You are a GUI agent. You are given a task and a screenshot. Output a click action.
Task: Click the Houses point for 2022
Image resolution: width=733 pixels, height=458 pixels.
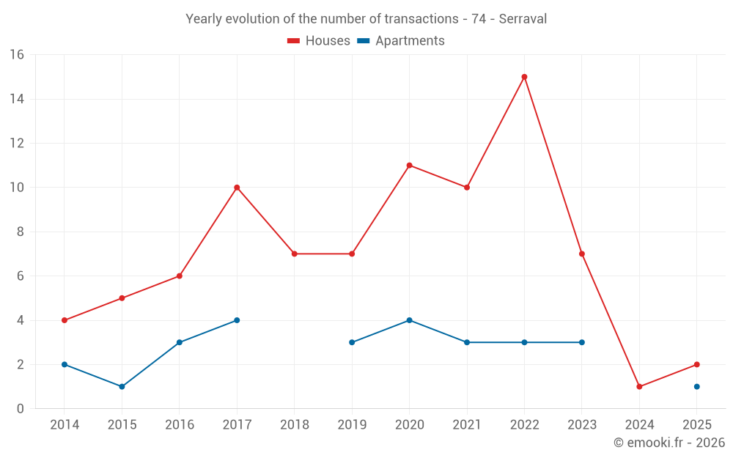[524, 77]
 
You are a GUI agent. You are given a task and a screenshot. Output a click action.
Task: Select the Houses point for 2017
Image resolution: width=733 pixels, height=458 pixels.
[237, 188]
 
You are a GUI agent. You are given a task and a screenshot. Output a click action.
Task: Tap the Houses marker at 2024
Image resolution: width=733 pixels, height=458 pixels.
[639, 386]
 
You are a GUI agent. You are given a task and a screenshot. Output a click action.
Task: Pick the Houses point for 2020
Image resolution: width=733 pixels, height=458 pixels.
[409, 166]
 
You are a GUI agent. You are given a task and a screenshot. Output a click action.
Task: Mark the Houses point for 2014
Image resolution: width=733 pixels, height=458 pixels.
[65, 320]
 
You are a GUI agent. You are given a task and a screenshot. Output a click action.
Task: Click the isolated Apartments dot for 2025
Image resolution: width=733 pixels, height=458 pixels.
[696, 386]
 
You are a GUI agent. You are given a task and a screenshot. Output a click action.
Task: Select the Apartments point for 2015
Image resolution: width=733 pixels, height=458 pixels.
[122, 386]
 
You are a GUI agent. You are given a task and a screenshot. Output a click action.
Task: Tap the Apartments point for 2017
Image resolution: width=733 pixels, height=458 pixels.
[237, 320]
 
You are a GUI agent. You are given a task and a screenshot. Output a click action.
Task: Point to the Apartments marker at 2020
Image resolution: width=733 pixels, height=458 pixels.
[409, 320]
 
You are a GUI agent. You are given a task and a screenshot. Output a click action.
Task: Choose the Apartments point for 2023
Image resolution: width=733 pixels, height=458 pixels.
[581, 342]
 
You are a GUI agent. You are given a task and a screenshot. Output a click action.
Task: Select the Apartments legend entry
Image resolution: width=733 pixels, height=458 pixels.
[401, 41]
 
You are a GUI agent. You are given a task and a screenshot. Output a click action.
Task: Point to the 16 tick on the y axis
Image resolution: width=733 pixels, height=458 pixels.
[17, 55]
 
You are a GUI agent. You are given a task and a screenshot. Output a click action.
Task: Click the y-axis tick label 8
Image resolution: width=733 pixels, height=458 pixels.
[21, 232]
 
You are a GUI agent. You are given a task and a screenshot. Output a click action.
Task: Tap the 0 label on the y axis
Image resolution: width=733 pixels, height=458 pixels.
[21, 409]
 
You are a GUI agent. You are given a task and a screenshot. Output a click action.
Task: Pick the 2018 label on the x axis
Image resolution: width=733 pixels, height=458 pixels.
[294, 425]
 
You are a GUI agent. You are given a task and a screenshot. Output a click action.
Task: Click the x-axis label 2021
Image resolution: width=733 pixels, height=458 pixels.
[467, 425]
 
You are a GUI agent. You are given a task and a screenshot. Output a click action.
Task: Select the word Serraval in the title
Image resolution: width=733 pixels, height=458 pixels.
[523, 19]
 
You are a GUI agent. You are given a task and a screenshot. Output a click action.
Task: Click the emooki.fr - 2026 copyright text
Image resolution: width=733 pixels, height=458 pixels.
[669, 443]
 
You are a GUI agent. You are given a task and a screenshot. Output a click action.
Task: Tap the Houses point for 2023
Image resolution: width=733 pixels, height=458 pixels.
[581, 254]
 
